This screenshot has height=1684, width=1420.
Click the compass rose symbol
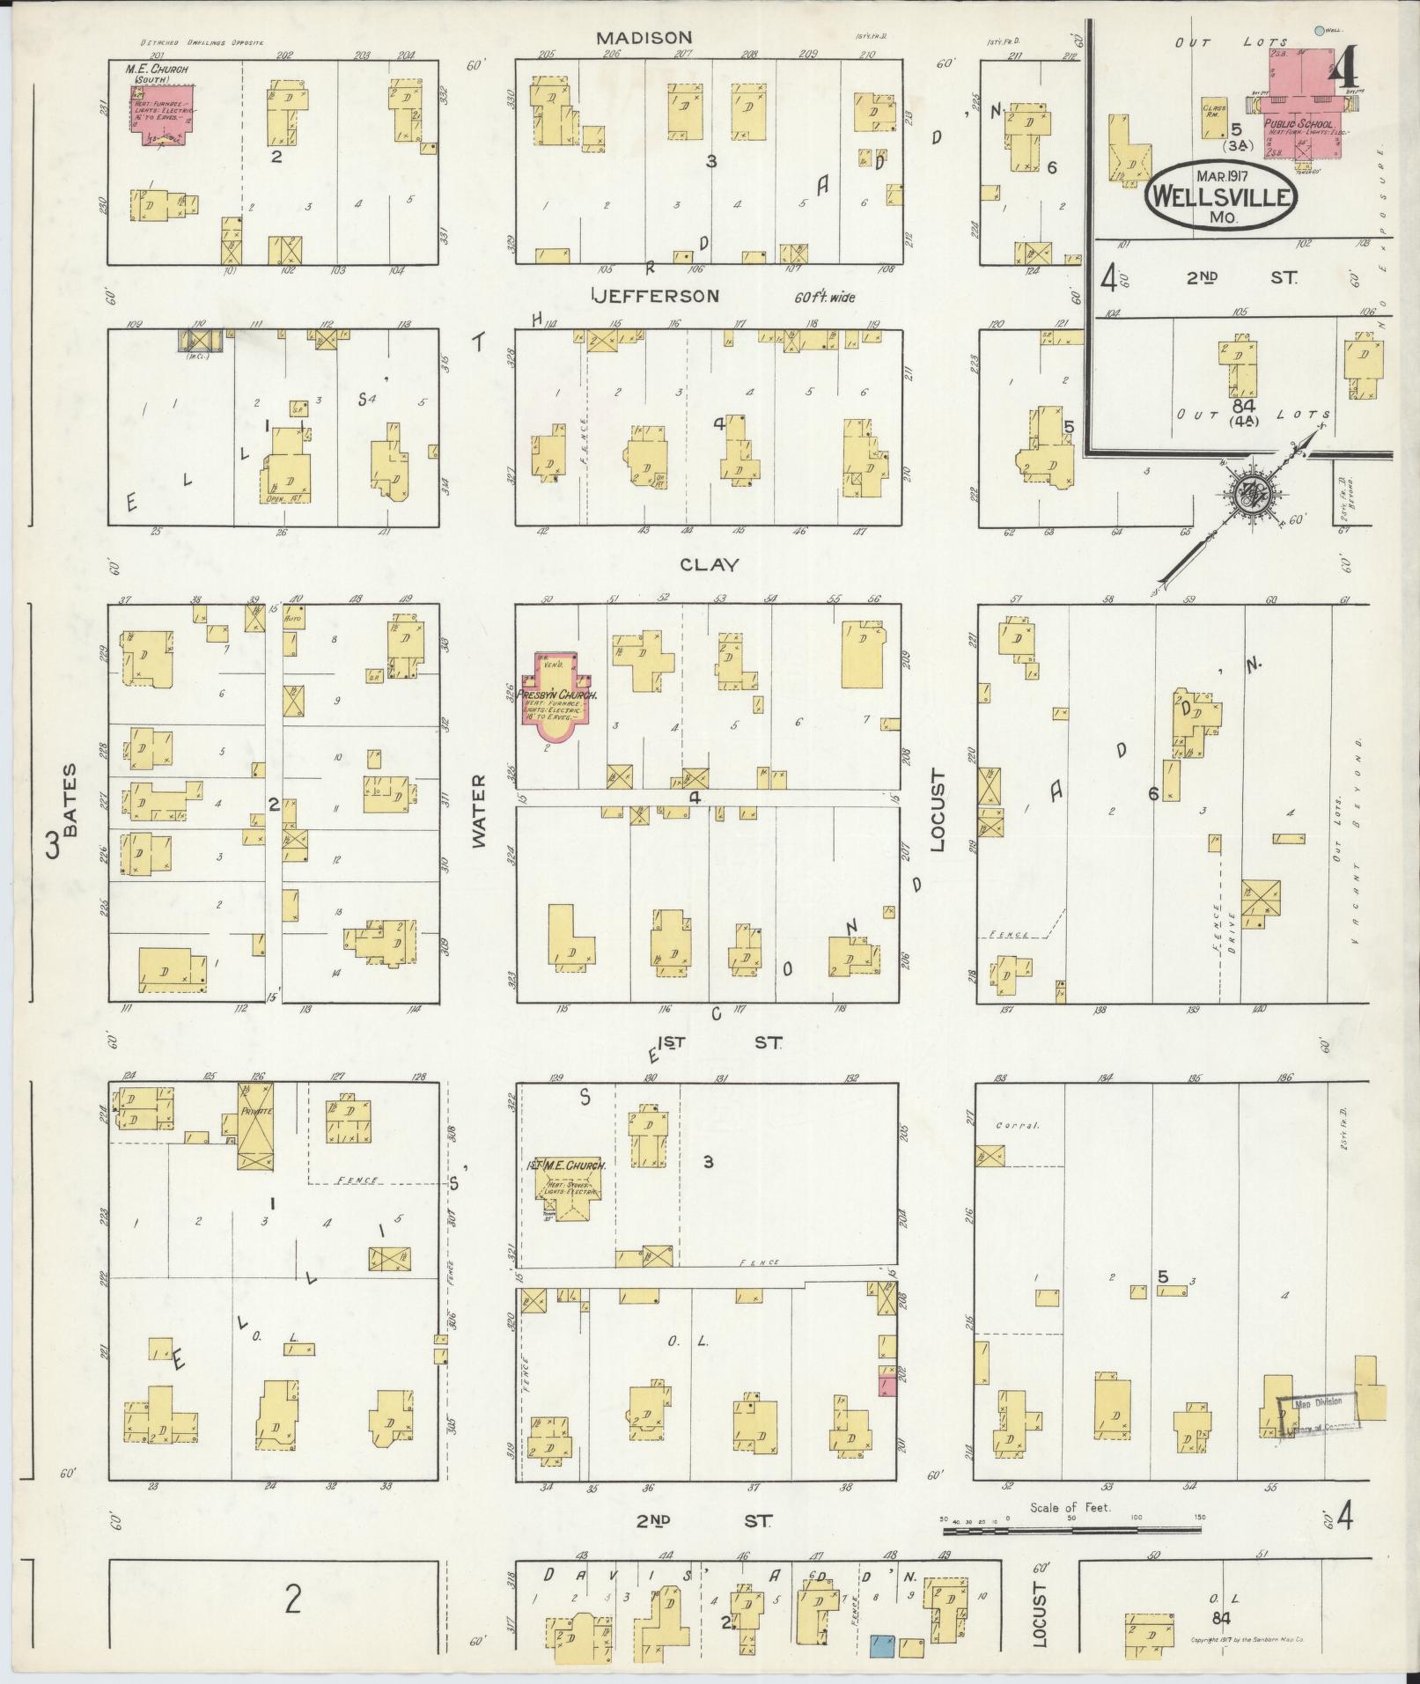pyautogui.click(x=1248, y=495)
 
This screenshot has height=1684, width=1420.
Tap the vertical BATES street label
pyautogui.click(x=70, y=799)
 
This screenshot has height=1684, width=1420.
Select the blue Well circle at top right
pyautogui.click(x=1318, y=31)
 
